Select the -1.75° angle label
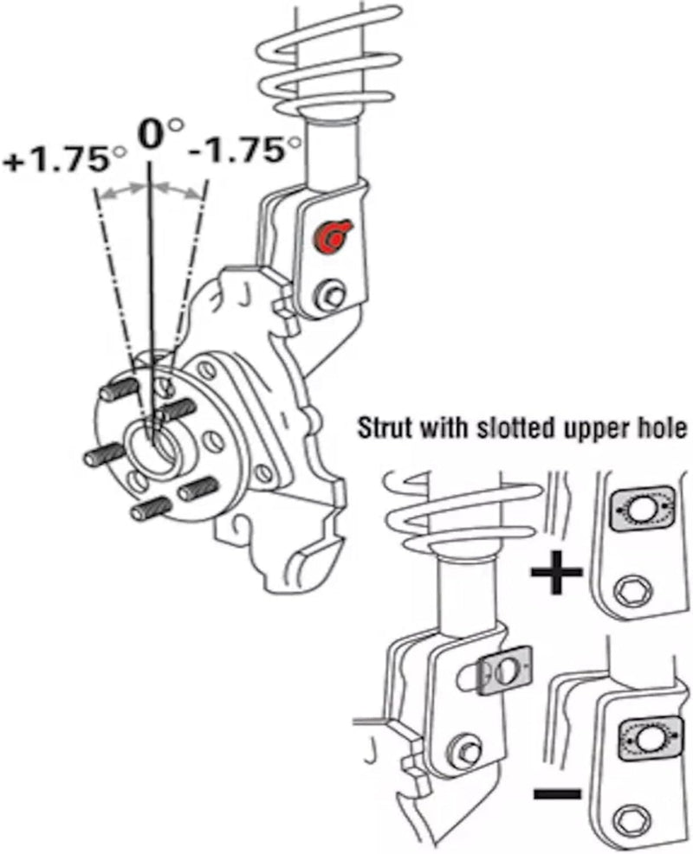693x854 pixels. point(239,152)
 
